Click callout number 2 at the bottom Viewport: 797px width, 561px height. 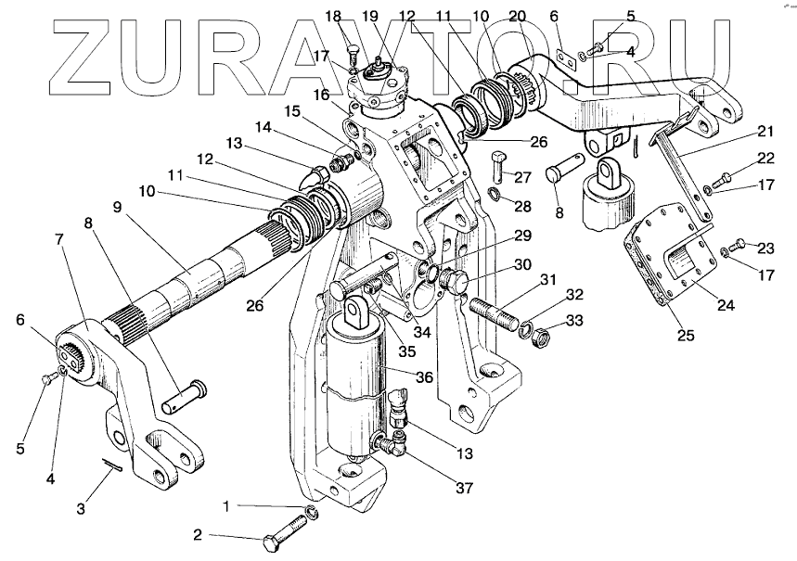pos(198,535)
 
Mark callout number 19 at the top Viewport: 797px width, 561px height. pos(370,16)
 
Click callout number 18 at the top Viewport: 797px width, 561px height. pos(334,16)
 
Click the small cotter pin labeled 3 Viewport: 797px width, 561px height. pos(110,467)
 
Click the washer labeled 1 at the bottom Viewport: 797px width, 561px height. pos(313,514)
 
